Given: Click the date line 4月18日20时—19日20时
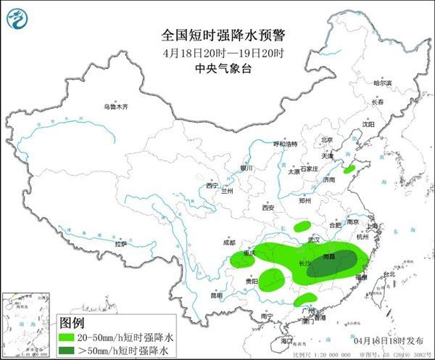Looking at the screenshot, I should point(217,52).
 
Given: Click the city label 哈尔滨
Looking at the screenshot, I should point(382,83).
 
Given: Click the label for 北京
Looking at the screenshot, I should point(327,140).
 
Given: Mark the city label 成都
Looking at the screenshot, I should point(229,242).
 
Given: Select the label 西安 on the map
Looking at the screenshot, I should point(269,208).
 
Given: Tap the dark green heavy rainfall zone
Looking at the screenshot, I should point(333,263).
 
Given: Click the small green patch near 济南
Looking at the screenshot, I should point(349,168).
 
